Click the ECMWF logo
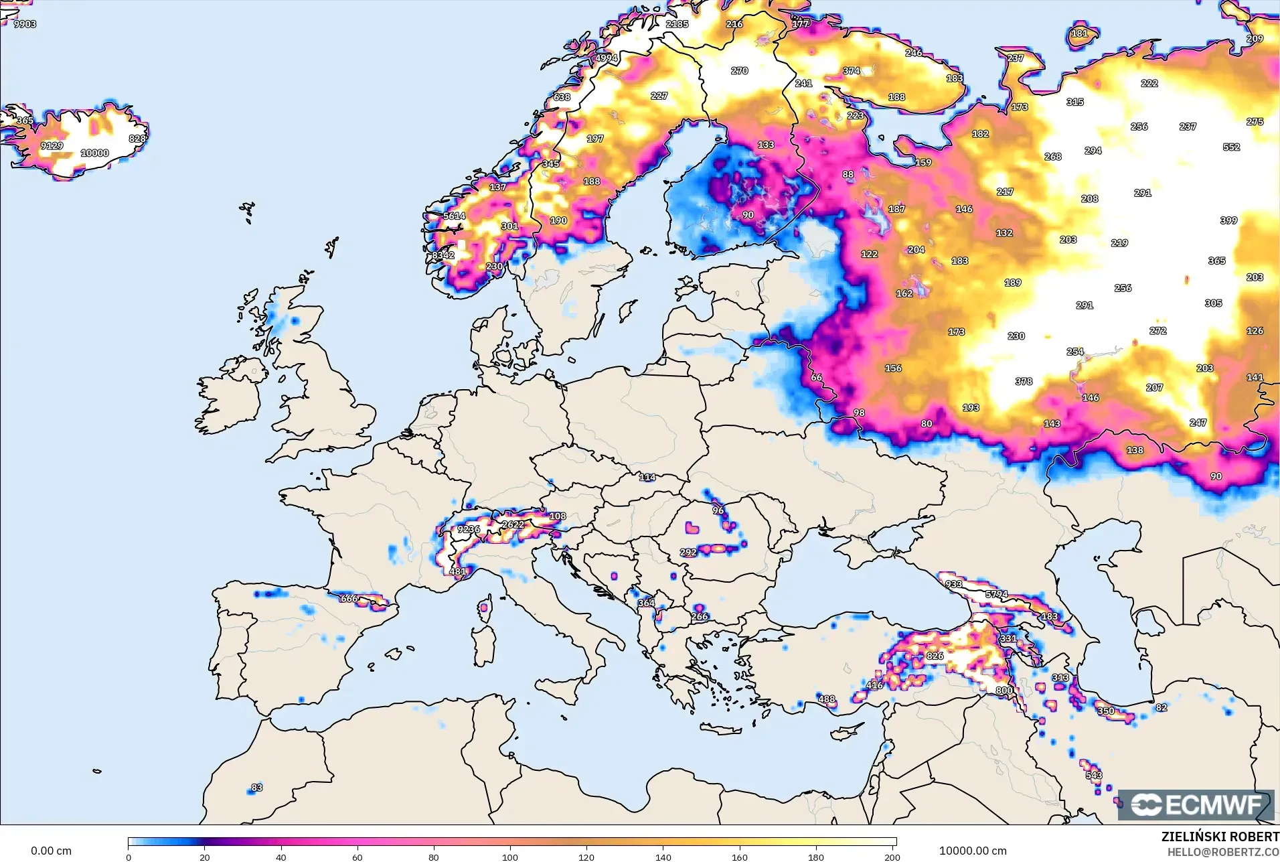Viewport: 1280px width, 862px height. [1196, 804]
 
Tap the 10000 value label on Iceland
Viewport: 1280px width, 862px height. [94, 153]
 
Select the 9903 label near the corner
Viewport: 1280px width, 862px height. [25, 24]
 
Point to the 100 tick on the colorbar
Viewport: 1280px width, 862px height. [510, 856]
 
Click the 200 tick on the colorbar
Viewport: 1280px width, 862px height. [892, 856]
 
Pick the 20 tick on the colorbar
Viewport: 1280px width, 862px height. [205, 856]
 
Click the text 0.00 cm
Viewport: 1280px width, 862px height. [51, 851]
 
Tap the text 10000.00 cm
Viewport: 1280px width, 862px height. [972, 851]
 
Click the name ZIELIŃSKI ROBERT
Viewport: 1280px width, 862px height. [1220, 837]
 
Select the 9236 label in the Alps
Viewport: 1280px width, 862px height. [469, 529]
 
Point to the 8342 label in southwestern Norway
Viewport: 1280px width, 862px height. [443, 256]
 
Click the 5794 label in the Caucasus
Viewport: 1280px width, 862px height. [996, 594]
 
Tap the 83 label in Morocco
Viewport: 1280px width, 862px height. [257, 788]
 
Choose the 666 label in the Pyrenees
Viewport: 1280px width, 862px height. [349, 599]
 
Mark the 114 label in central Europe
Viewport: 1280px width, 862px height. [647, 478]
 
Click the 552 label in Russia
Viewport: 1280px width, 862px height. [1231, 147]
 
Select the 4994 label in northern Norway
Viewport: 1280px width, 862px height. [607, 58]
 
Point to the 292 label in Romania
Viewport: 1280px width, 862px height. [688, 553]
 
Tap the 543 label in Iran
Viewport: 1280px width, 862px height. [1094, 776]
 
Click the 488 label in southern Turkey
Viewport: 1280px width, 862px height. [827, 699]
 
